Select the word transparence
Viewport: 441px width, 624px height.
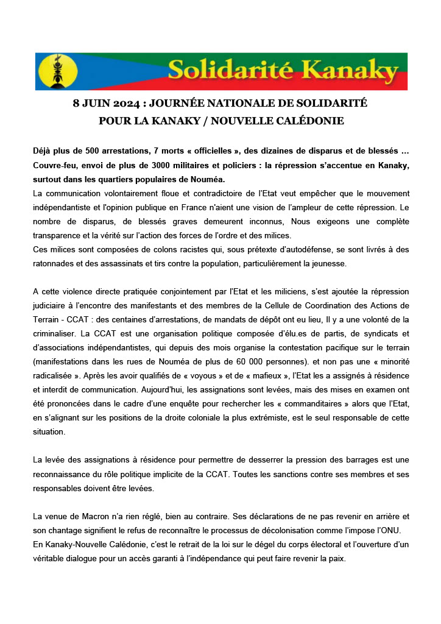point(58,235)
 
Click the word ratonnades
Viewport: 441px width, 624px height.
point(56,263)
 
